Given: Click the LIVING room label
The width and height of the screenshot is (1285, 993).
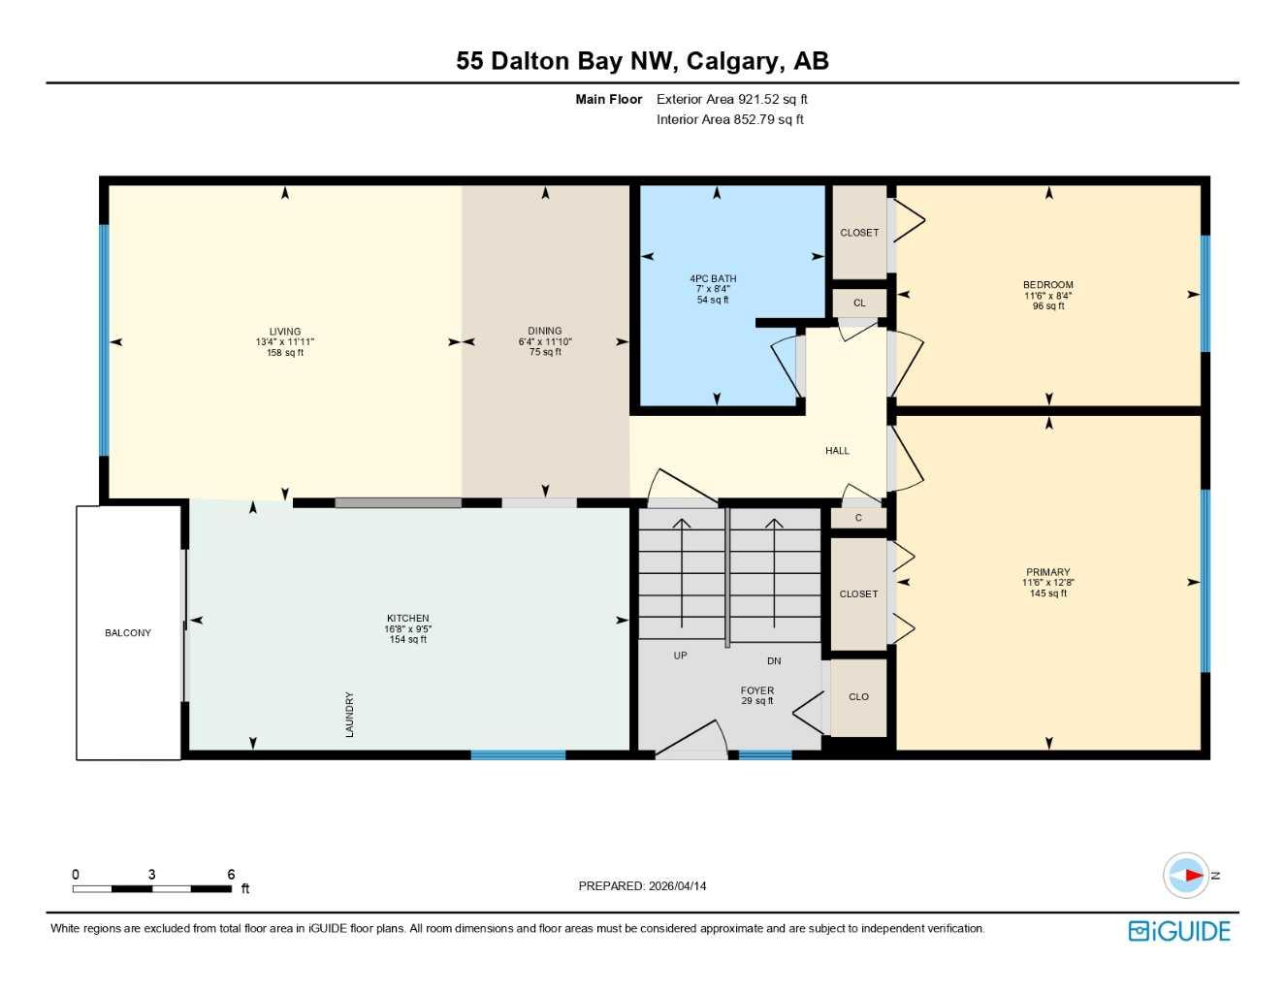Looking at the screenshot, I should tap(285, 332).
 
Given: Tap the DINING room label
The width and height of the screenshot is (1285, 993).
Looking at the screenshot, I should tap(545, 331).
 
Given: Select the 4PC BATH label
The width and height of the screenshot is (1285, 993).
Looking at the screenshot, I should tap(713, 279).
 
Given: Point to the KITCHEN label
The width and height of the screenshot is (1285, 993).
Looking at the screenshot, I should tap(407, 619).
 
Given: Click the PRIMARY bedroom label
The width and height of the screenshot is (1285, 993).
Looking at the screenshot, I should tap(1048, 573).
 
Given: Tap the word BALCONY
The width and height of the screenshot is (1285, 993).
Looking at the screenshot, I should tap(128, 633).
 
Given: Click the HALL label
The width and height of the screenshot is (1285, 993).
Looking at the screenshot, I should tap(837, 451).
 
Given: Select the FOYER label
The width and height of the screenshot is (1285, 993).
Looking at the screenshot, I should tap(757, 691).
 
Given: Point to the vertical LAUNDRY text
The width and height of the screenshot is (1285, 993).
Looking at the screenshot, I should tap(350, 715).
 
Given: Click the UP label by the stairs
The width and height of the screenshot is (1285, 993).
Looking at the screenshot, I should tap(681, 657).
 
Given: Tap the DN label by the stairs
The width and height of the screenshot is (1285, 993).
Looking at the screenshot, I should tap(774, 661).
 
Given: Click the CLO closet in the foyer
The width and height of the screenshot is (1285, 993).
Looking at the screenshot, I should tap(858, 697).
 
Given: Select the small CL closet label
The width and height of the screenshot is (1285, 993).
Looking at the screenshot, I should tap(859, 304).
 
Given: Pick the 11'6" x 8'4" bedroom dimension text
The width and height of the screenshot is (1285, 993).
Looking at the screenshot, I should tap(1048, 296).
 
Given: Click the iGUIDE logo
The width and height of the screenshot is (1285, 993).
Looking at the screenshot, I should tap(1179, 931).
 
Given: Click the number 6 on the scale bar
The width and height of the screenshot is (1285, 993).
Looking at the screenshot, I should tap(231, 875).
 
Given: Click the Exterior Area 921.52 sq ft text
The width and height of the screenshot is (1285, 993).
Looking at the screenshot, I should tap(732, 99).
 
